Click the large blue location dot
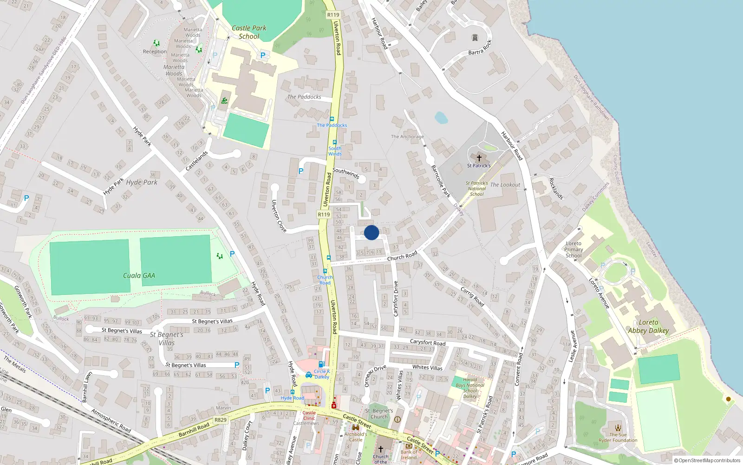pos(371,232)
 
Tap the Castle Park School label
pos(249,32)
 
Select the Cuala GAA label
pos(139,276)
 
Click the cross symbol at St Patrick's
pos(479,158)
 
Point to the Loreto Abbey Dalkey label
pos(648,326)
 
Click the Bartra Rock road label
pos(480,48)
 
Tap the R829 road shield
pos(221,420)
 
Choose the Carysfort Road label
pos(427,343)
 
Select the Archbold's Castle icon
pos(356,427)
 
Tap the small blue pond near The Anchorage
pos(441,118)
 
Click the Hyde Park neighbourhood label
pos(142,182)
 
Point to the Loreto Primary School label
pos(574,250)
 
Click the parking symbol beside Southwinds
pos(301,172)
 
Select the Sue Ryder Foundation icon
pos(618,428)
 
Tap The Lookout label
pos(505,185)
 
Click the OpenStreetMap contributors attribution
pos(707,461)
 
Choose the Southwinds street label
pos(346,173)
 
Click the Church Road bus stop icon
pos(325,271)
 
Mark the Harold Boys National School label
pos(470,388)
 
